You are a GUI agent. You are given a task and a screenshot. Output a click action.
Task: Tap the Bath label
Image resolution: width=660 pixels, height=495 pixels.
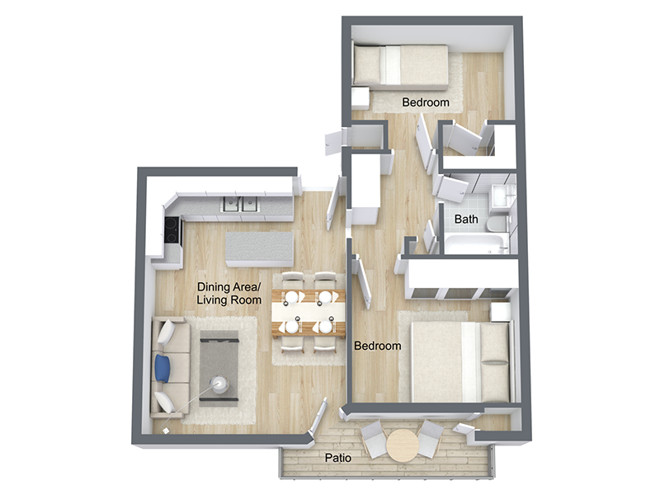(x=466, y=219)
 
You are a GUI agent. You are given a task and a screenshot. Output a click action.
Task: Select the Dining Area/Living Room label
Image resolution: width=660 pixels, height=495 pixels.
(x=229, y=294)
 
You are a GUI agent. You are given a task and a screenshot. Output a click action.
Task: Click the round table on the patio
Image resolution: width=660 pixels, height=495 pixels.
(x=402, y=445)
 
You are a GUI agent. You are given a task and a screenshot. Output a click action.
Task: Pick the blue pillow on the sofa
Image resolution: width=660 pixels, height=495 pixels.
(x=163, y=368)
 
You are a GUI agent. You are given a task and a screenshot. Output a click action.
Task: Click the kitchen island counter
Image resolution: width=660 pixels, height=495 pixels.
(x=260, y=247)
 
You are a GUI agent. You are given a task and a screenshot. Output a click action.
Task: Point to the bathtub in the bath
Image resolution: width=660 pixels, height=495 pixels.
(x=474, y=244)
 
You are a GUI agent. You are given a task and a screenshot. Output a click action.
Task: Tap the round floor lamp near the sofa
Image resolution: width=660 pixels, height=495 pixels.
(x=220, y=384)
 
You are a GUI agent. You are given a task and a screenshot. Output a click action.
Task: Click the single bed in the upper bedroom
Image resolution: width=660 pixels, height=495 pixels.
(x=400, y=66)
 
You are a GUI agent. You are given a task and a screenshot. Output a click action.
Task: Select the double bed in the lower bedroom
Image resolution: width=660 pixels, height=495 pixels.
(x=458, y=361)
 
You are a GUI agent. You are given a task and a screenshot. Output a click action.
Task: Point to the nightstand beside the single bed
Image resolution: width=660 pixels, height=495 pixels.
(x=361, y=97)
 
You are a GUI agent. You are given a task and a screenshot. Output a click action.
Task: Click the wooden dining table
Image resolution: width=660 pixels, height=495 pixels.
(x=309, y=313)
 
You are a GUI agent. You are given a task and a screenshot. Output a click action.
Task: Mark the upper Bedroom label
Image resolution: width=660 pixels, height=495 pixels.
(x=426, y=103)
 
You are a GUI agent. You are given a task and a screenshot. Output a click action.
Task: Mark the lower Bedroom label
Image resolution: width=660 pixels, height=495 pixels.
(x=377, y=346)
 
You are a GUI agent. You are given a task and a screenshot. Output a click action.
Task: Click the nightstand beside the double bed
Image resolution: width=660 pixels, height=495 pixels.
(x=500, y=311)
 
